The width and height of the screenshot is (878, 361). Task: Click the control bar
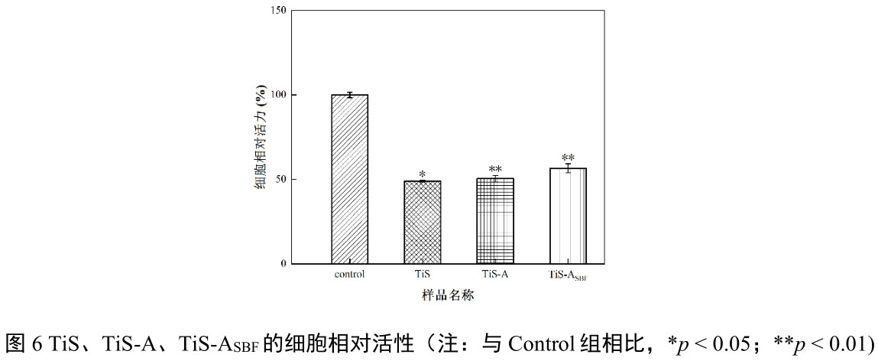(x=349, y=179)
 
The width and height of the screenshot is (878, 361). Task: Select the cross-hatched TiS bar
(x=422, y=222)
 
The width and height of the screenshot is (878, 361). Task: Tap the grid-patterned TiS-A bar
(x=494, y=221)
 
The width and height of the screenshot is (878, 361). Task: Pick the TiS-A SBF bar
(x=568, y=216)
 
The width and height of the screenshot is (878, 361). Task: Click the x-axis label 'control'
(x=349, y=274)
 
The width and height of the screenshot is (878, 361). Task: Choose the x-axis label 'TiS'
(x=422, y=274)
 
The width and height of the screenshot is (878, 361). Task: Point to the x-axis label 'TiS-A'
(x=494, y=274)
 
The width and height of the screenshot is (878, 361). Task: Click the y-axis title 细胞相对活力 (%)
(x=261, y=138)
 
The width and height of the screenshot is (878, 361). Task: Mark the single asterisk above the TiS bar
(x=422, y=174)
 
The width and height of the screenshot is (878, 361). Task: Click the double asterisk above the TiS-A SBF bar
(x=568, y=158)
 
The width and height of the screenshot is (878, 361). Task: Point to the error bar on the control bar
(x=349, y=95)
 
